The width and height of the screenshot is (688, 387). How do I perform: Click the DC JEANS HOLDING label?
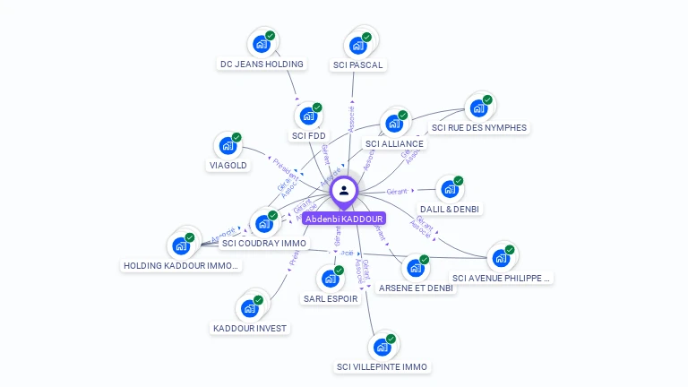coord(262,64)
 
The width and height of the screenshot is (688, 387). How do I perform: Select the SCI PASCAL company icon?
coord(358,45)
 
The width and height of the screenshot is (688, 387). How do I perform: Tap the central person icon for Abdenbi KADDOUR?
coord(344,190)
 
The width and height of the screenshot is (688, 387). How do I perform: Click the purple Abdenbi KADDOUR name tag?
coord(344,219)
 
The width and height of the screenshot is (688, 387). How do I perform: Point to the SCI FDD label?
coord(309,136)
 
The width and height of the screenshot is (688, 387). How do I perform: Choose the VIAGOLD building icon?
coord(228,146)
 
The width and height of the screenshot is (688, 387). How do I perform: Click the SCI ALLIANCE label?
coord(394,143)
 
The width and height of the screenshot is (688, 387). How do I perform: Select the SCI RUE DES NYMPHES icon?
coord(478,108)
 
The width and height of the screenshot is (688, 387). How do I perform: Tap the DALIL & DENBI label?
coord(449,210)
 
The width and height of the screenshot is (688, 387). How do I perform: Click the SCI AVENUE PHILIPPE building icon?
coord(501,258)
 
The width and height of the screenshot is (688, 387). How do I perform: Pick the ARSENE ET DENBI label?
coord(416,288)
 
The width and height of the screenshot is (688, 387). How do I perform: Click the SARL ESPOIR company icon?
coord(330,279)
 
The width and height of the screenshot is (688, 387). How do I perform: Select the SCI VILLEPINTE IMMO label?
coord(383,367)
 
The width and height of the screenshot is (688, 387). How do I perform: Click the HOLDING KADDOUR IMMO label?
coord(182,266)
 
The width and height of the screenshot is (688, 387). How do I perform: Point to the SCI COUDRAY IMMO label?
coord(264,244)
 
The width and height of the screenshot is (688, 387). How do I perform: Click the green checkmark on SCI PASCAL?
coord(367,36)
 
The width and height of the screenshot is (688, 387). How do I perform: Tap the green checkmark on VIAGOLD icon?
coord(236,137)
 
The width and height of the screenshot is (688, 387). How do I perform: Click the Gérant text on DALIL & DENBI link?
coord(397,192)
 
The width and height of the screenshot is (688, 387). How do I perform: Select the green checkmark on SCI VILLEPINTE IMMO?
coord(391,338)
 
